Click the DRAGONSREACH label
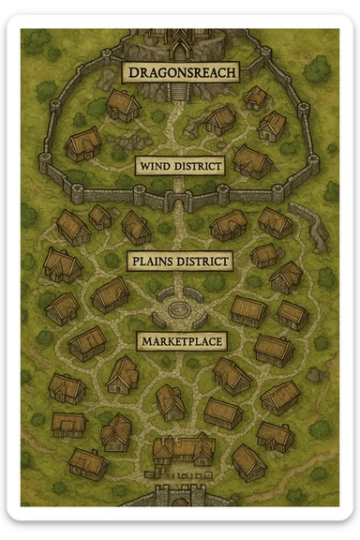180,71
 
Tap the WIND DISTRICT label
179,167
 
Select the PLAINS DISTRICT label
179,261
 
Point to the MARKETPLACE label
180,340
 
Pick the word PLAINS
153,261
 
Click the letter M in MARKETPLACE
144,341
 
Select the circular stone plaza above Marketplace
179,307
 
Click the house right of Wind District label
250,160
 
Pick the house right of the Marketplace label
273,348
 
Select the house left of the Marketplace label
87,342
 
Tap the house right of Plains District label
263,254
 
